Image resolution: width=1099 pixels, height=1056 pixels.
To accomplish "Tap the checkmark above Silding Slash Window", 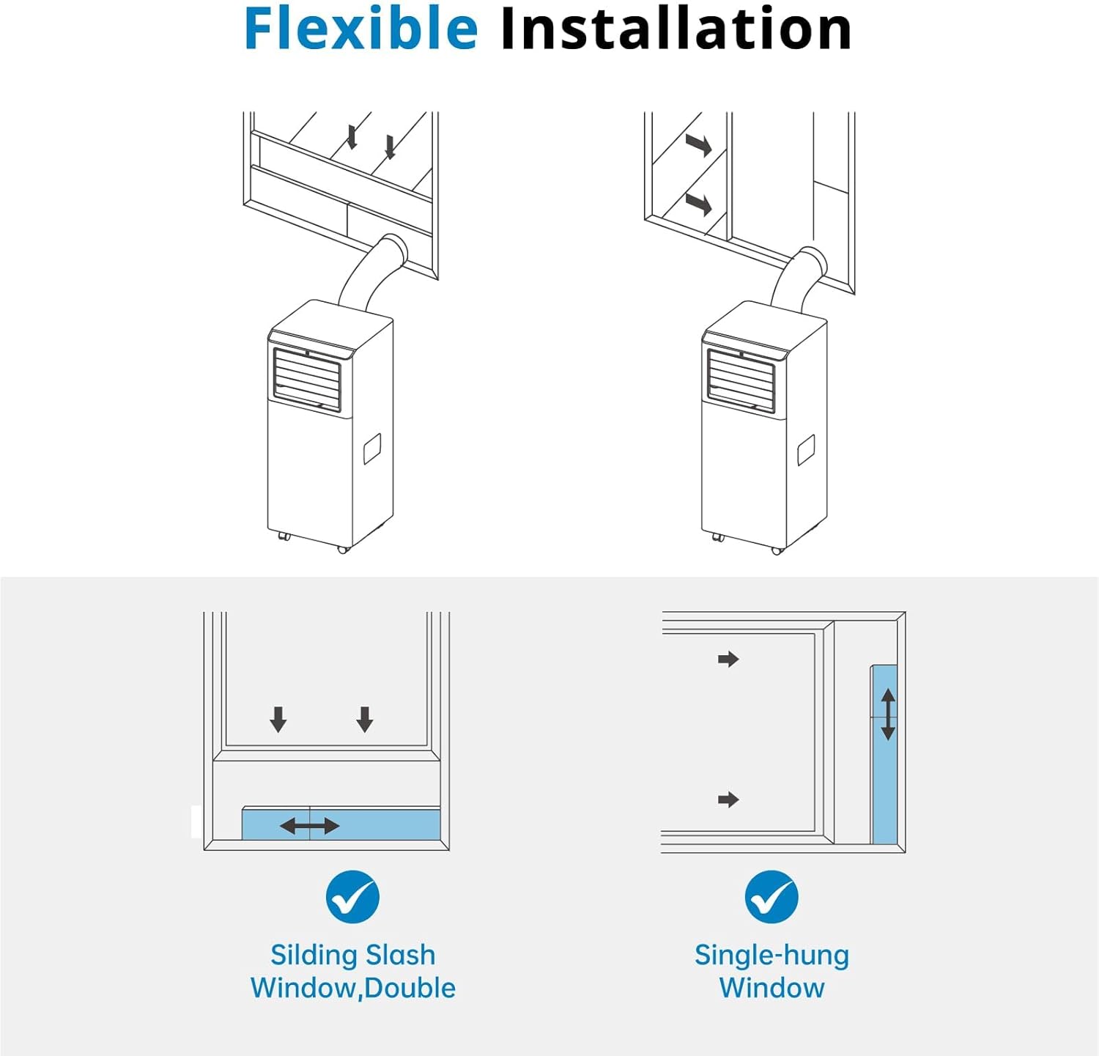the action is click(352, 896).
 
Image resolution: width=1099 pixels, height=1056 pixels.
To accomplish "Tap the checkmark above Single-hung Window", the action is click(771, 896).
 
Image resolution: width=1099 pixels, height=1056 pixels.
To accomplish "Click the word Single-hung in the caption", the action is click(771, 956).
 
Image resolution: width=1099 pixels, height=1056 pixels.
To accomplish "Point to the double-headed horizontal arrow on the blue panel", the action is click(310, 827).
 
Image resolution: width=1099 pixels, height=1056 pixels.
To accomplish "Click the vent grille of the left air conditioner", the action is click(307, 379).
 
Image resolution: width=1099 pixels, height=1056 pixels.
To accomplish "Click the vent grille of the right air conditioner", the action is click(741, 380).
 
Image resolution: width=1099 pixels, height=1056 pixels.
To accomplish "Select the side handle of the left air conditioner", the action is click(372, 448).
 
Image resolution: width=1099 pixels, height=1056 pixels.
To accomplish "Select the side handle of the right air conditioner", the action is click(806, 450).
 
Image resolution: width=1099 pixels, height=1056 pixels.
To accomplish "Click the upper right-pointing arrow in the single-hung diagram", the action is click(728, 660).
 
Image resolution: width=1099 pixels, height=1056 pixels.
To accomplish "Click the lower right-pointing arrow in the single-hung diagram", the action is click(728, 800).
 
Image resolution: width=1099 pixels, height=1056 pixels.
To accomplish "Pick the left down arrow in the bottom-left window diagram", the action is click(278, 720).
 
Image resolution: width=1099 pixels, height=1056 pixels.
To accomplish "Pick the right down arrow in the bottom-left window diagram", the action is click(365, 720).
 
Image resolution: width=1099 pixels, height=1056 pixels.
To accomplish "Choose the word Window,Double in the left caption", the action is click(352, 988).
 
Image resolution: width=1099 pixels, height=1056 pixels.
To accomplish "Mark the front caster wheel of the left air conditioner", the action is click(343, 549).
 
